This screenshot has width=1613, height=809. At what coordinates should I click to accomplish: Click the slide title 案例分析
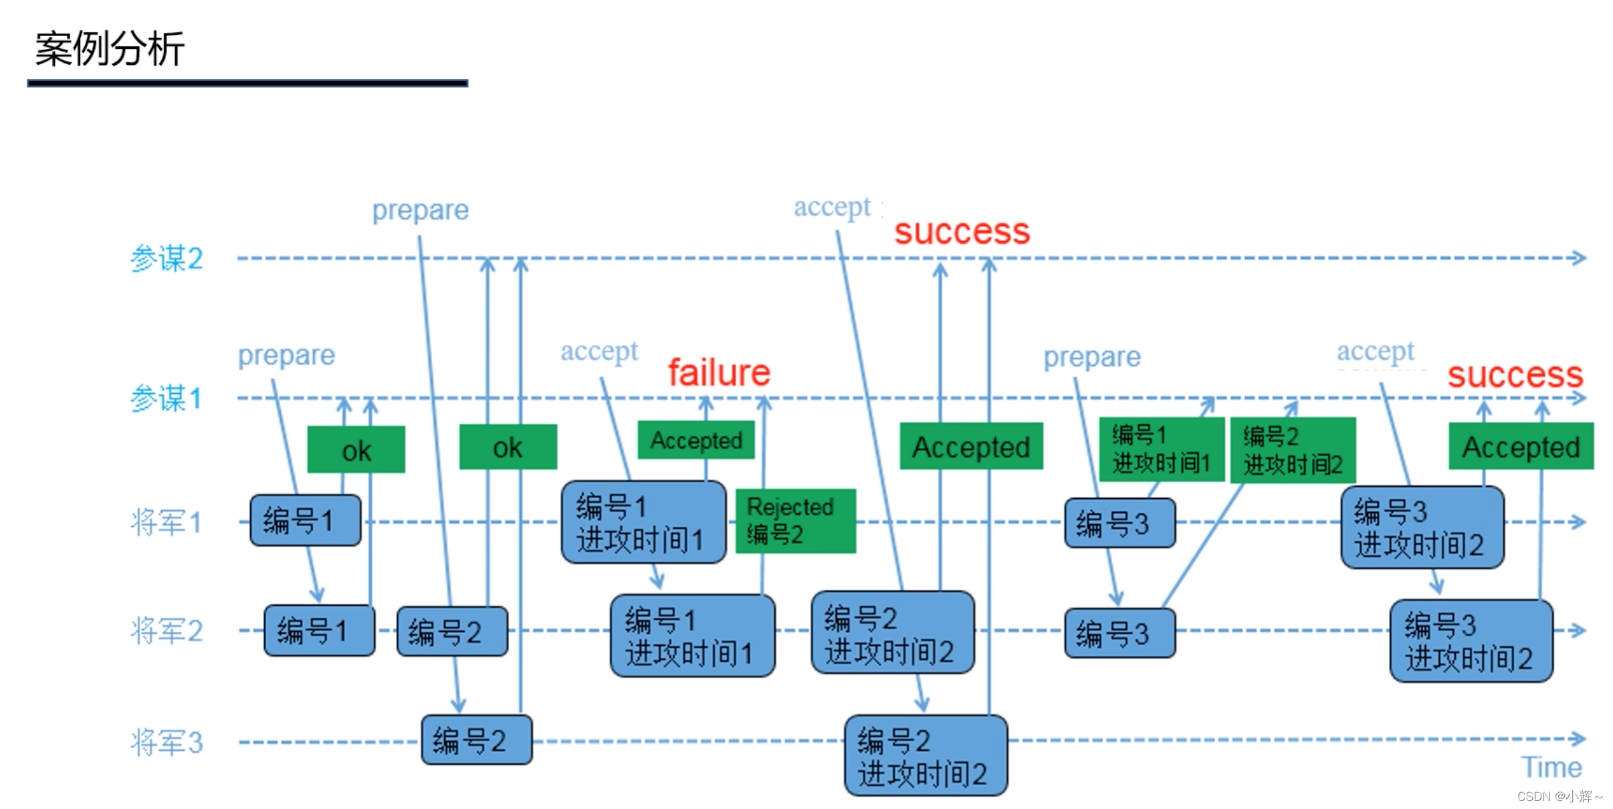point(110,49)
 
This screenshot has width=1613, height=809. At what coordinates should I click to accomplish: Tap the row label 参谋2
point(166,258)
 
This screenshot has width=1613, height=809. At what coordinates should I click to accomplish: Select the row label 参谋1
point(166,398)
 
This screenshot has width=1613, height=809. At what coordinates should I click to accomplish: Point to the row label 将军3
point(166,742)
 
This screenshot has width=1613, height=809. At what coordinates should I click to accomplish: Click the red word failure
point(719,372)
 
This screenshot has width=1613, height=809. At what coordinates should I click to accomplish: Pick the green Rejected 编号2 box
point(795,521)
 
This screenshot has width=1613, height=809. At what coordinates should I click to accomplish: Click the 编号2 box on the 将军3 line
point(476,740)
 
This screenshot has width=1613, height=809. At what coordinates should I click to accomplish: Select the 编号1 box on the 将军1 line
point(305,520)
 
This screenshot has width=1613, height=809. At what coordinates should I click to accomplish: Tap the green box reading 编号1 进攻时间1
point(1161,449)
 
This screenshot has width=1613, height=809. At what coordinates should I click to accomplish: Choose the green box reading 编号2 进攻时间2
point(1292,449)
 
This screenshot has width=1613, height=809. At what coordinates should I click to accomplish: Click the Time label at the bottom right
point(1551,768)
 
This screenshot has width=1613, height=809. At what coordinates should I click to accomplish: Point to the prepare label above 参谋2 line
point(420,210)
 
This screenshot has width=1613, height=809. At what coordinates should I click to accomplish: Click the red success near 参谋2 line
point(962,232)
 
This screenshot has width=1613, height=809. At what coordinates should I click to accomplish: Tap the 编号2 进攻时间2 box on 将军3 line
point(926,756)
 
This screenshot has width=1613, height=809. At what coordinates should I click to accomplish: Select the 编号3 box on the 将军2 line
point(1119,633)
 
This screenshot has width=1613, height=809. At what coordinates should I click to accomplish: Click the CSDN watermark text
point(1558,796)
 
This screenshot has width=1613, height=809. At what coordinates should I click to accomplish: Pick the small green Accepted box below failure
point(695,440)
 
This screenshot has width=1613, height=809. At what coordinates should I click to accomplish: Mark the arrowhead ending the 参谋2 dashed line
point(1580,258)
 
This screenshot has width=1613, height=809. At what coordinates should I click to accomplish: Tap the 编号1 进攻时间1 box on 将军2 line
point(692,636)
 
